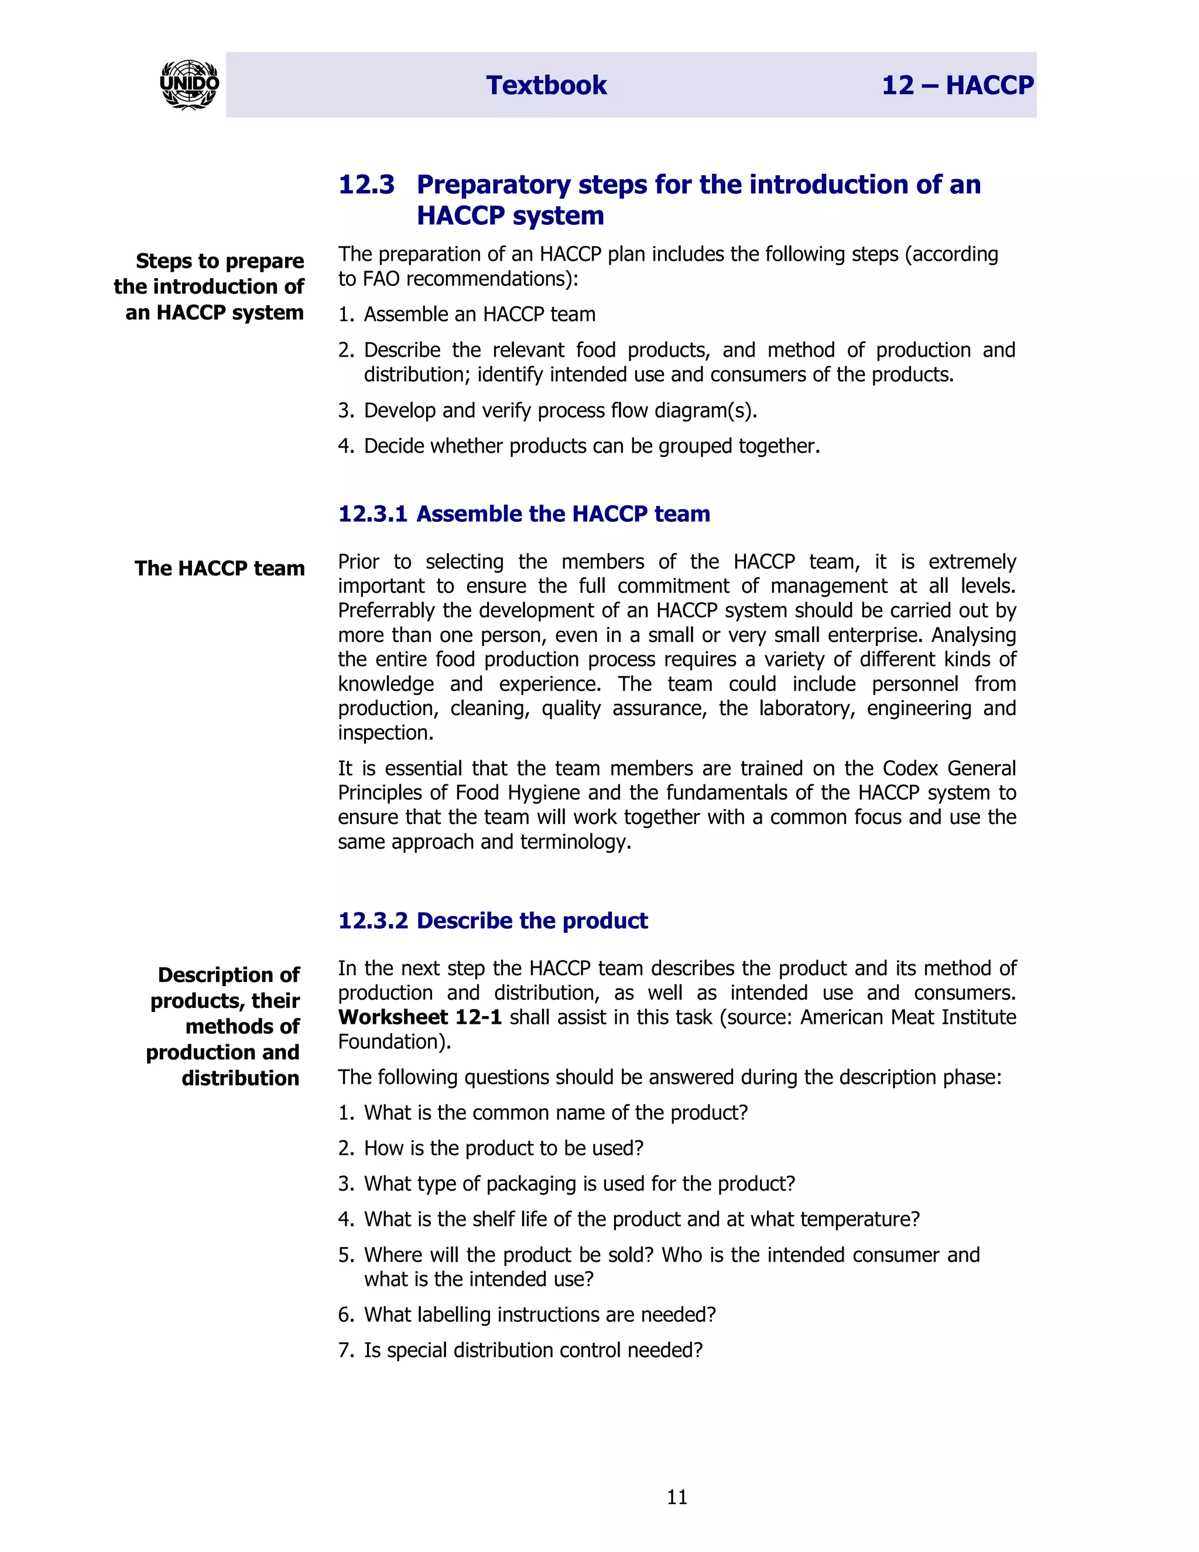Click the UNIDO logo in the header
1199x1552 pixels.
[x=189, y=84]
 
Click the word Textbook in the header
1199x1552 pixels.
[x=546, y=86]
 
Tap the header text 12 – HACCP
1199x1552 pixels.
[x=957, y=86]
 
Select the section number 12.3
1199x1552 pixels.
[x=366, y=184]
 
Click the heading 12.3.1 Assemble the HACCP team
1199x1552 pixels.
[x=523, y=514]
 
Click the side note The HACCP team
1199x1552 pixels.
[x=220, y=569]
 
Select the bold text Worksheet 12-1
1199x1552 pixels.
[x=420, y=1017]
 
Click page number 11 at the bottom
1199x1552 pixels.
[x=677, y=1498]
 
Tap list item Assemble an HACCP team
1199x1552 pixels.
[x=479, y=314]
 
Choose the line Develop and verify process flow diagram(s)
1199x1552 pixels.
[x=560, y=411]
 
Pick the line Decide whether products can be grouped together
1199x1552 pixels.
[x=592, y=446]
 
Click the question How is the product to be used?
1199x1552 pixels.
[x=503, y=1148]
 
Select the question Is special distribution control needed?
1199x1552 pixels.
[x=533, y=1349]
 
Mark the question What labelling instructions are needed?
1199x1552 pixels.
[x=540, y=1314]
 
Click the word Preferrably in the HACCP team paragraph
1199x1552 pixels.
[x=386, y=610]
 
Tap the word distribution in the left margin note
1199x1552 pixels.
[x=240, y=1078]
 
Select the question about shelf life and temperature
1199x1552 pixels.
[x=642, y=1219]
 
